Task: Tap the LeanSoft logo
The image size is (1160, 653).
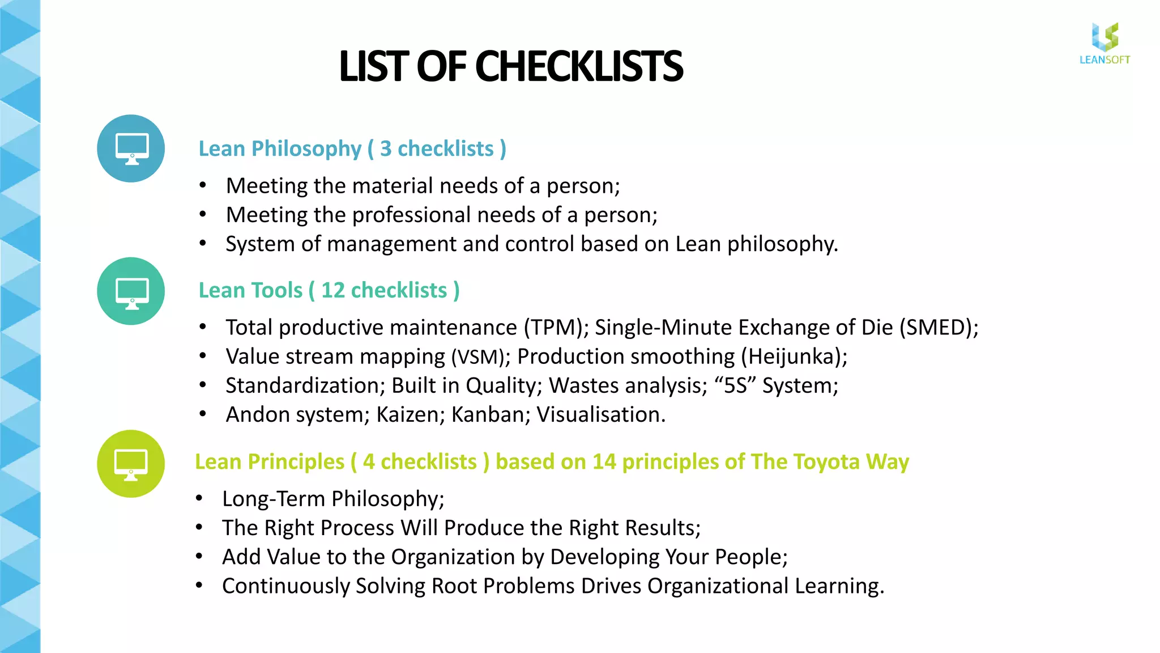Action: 1104,44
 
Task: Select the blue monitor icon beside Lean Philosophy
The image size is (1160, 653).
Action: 131,149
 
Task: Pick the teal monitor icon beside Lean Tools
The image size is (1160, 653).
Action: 131,291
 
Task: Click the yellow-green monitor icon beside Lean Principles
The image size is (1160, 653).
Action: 131,464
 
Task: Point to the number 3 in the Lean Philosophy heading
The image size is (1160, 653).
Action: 386,149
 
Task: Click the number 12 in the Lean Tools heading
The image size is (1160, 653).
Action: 333,290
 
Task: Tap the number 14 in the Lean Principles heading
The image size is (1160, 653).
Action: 604,462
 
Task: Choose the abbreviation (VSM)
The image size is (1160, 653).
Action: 477,357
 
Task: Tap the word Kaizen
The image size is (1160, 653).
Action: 408,415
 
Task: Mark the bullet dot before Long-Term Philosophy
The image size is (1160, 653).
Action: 199,499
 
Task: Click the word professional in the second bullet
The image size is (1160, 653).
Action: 411,215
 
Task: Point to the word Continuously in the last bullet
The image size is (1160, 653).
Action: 286,586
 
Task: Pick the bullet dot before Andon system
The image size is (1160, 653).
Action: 203,414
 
